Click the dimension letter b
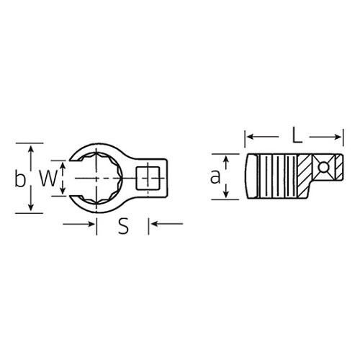(x=20, y=178)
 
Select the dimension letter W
(x=49, y=178)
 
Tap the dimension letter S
(x=123, y=226)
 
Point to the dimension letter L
(x=297, y=135)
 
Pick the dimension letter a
(x=215, y=176)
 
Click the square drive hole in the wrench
(x=148, y=178)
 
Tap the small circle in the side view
(x=323, y=167)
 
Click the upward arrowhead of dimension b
(x=31, y=149)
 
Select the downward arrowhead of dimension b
(x=31, y=207)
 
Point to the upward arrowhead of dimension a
(x=226, y=159)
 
